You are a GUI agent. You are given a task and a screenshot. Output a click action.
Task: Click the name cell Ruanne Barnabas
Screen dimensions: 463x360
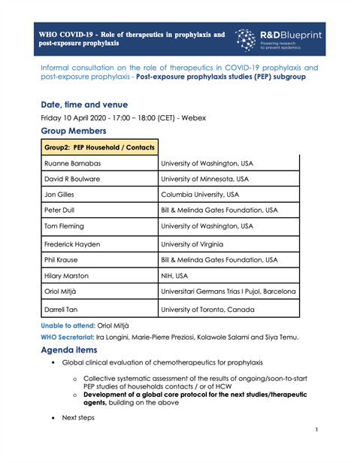pyautogui.click(x=77, y=165)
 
